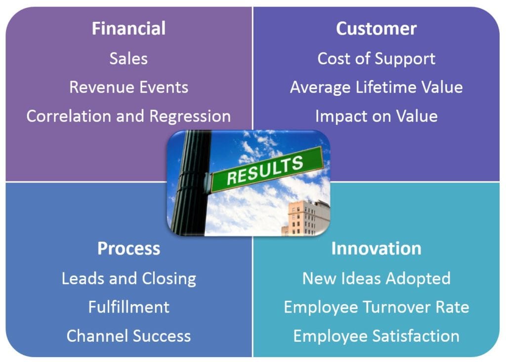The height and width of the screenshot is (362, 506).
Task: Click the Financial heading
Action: pos(129,28)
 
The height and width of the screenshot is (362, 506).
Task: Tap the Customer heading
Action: pos(376,28)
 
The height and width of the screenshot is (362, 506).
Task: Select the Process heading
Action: pos(129,249)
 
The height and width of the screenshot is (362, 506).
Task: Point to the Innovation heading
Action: pos(376,249)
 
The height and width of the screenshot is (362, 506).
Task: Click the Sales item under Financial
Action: pos(128,58)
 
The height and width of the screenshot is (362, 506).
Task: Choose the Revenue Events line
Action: pos(129,87)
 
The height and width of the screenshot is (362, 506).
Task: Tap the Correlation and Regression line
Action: pos(129,116)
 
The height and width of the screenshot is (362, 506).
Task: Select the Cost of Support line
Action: pos(376,59)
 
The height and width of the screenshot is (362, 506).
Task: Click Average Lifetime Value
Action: pos(376,87)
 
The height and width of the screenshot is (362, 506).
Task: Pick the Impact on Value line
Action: pos(376,116)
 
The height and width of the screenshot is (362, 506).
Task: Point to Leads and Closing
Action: pos(129,279)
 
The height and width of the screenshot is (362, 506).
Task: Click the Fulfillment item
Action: pos(129,307)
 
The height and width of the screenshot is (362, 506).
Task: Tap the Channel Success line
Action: pos(129,336)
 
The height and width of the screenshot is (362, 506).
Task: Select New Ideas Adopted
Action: pos(376,279)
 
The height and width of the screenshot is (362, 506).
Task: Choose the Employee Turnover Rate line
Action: pos(376,308)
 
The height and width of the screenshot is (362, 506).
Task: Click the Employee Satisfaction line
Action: pos(376,336)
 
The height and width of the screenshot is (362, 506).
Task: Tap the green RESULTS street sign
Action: pos(266,170)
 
